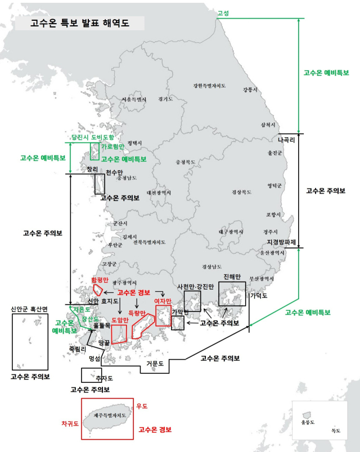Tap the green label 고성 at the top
(x=223, y=13)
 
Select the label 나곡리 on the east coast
(x=286, y=140)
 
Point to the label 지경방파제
(x=281, y=242)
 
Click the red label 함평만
(x=100, y=279)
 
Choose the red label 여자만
(x=163, y=301)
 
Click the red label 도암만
(x=119, y=320)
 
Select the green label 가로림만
(x=113, y=146)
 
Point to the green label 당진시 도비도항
(x=92, y=137)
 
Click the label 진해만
(x=232, y=277)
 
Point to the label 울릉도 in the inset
(x=308, y=422)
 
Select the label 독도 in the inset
(x=336, y=430)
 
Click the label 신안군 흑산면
(x=30, y=309)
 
